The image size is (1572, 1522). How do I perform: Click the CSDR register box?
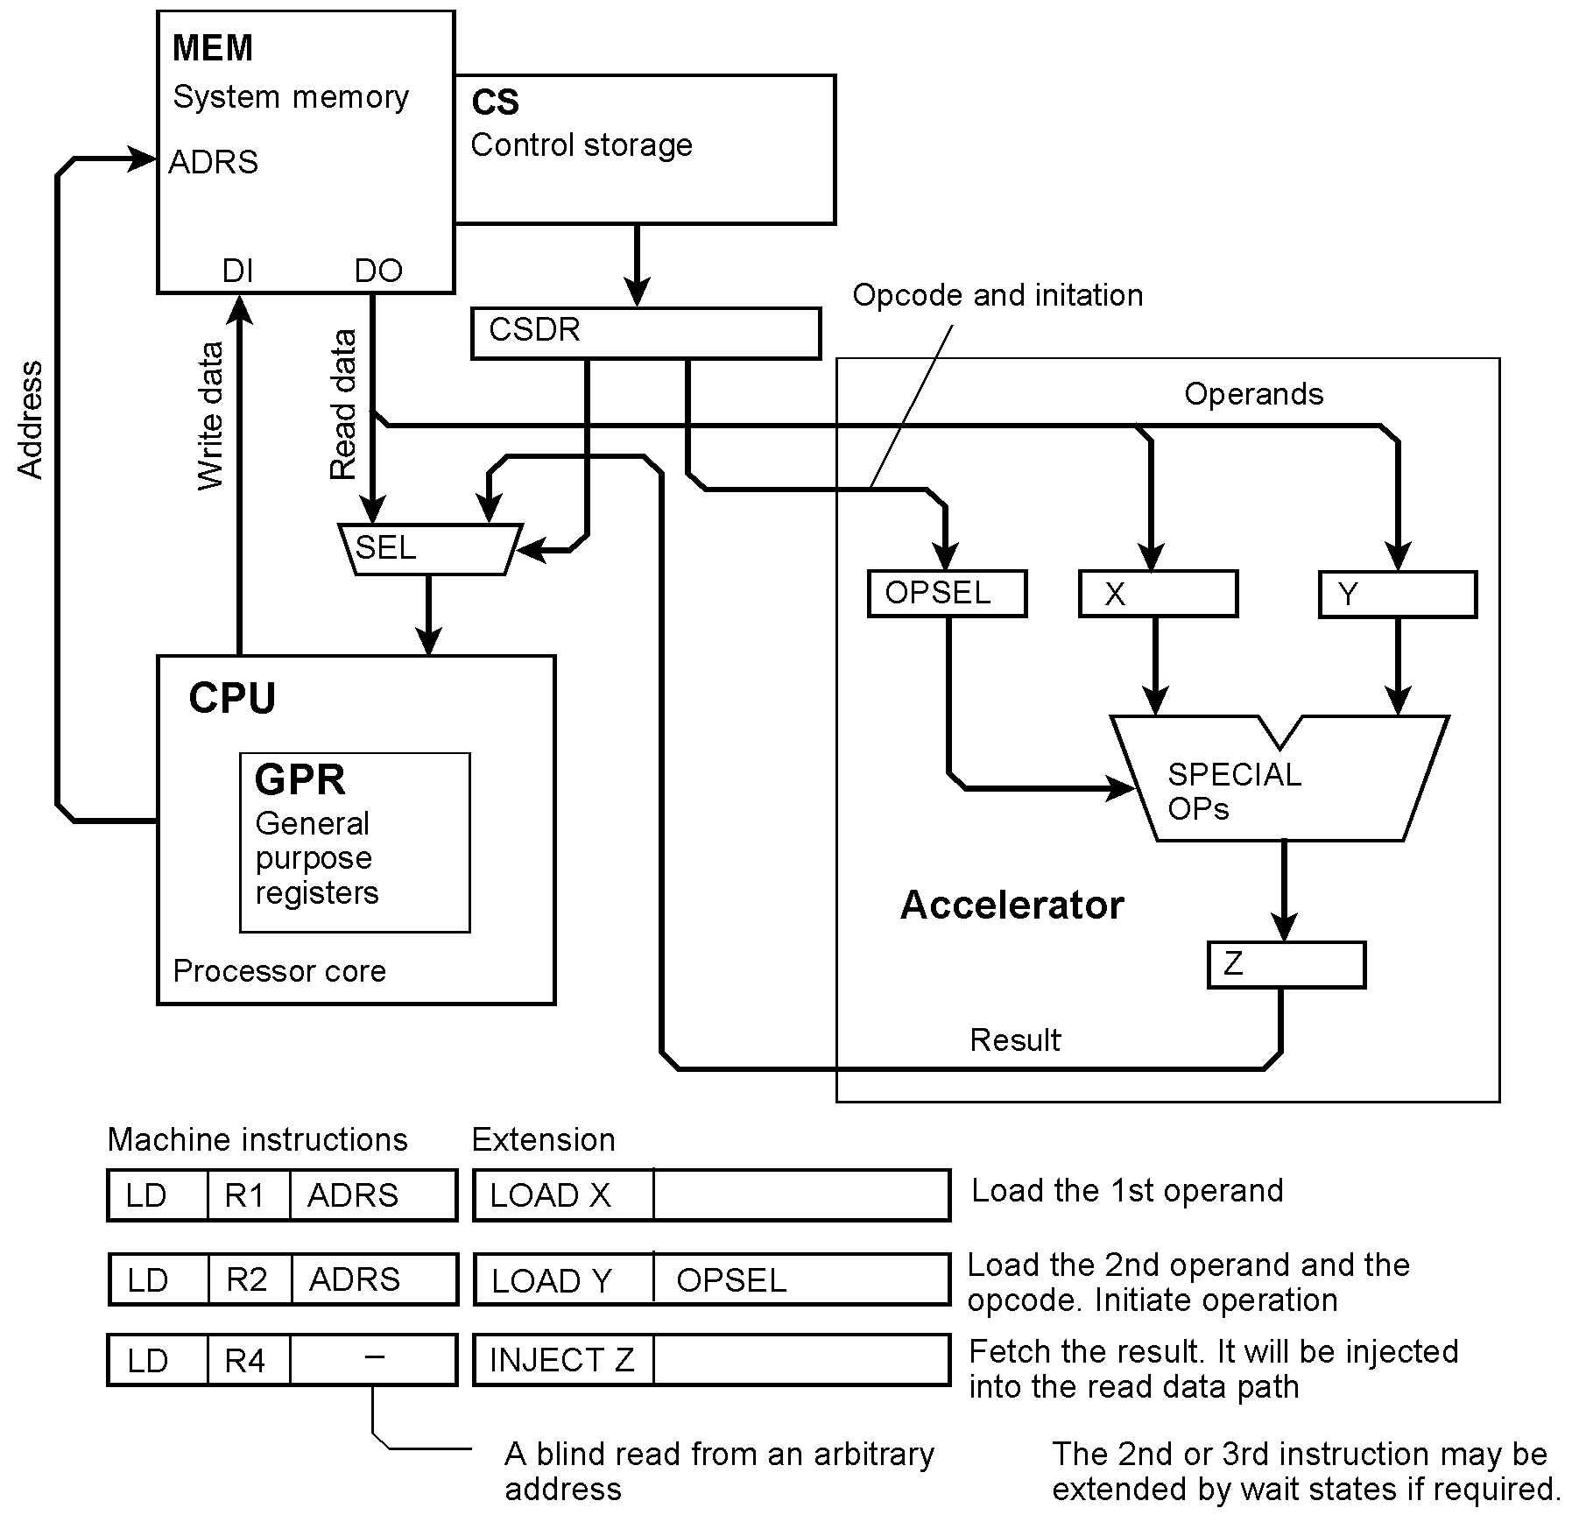point(645,333)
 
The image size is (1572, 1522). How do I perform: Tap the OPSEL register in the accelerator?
point(947,594)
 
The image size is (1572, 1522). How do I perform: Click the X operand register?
point(1158,595)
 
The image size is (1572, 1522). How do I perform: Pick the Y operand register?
point(1397,595)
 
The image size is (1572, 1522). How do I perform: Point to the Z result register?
point(1286,965)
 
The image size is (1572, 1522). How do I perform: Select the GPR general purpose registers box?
point(355,842)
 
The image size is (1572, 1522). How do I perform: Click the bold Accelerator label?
point(1012,905)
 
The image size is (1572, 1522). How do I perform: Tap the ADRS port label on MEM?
point(214,163)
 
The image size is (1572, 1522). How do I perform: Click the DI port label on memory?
point(237,271)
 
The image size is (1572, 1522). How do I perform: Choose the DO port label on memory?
point(378,271)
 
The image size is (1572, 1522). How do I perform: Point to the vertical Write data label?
point(210,416)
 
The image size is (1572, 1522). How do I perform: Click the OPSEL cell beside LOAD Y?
point(800,1280)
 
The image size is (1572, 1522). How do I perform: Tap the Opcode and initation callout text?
point(997,296)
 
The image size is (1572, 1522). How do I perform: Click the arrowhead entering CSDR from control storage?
point(638,292)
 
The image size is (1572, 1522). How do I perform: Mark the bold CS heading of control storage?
point(495,102)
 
